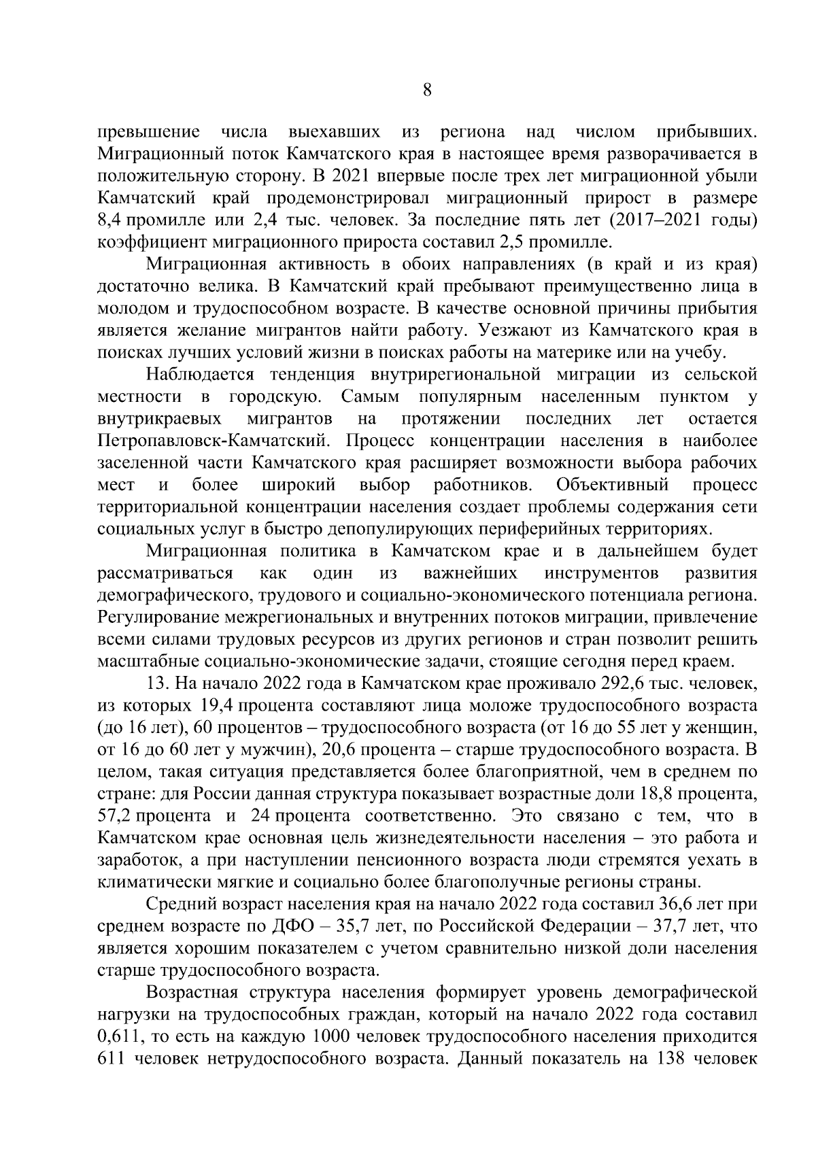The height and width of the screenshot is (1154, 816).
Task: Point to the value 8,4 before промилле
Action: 111,220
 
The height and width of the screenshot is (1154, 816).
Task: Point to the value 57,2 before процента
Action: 114,815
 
